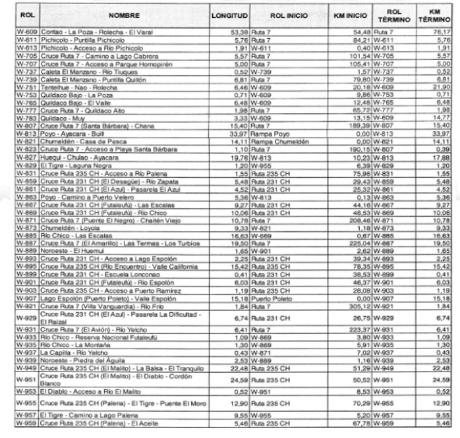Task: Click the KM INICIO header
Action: pyautogui.click(x=349, y=14)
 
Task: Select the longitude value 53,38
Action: pyautogui.click(x=239, y=31)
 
